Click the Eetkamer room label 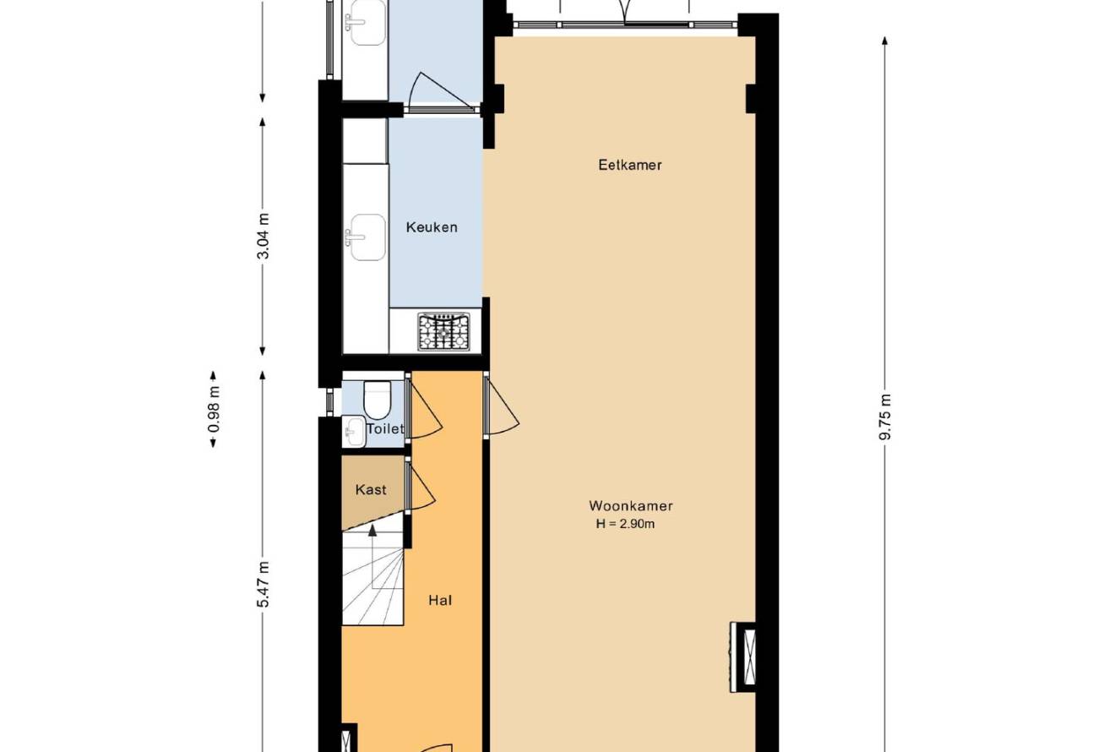click(630, 165)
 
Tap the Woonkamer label click(631, 505)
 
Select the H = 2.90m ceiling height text click(626, 524)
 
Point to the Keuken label click(432, 227)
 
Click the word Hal click(440, 601)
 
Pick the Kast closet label click(371, 489)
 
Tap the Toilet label click(385, 429)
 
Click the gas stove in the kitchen click(443, 332)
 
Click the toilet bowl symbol click(377, 400)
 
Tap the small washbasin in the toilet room click(354, 432)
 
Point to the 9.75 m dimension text click(885, 417)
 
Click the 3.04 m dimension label click(264, 236)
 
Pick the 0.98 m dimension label click(214, 409)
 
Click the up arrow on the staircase click(372, 530)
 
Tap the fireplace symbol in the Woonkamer click(743, 657)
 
